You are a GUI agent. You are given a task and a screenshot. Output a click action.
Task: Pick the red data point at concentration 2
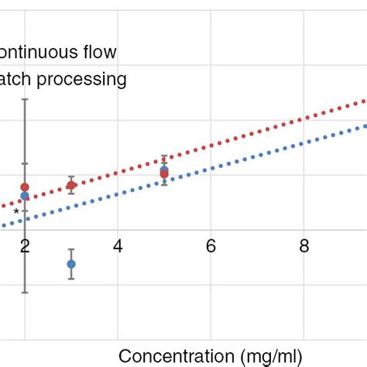(25, 187)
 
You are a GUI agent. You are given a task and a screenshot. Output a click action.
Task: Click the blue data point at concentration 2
(25, 196)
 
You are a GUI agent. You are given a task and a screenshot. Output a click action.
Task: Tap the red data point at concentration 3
(71, 185)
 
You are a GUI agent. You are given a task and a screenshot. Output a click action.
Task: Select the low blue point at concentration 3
(71, 264)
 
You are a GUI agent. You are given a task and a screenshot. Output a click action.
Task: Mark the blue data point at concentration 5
(164, 170)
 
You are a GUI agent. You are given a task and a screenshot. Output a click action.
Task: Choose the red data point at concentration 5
(164, 174)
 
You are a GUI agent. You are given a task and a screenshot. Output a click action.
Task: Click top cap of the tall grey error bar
(25, 99)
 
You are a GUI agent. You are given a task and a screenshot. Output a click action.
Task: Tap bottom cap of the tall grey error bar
(25, 292)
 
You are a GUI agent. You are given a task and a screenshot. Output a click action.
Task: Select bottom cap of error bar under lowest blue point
(71, 279)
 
